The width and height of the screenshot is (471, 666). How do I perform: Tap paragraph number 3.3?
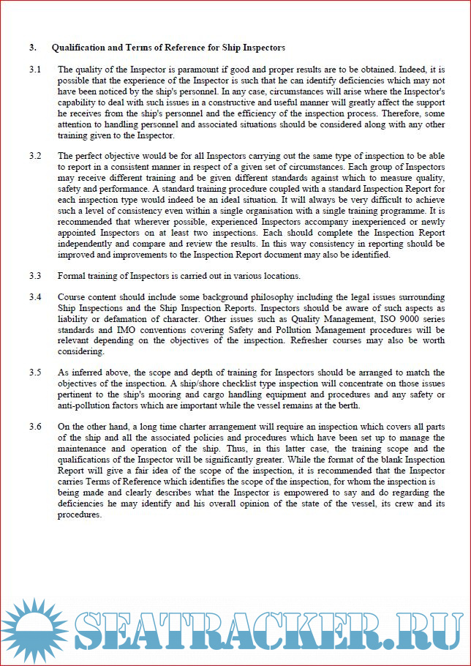tap(34, 276)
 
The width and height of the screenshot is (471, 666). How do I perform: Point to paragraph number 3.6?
tap(34, 427)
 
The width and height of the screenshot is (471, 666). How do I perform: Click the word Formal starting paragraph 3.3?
tap(72, 276)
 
